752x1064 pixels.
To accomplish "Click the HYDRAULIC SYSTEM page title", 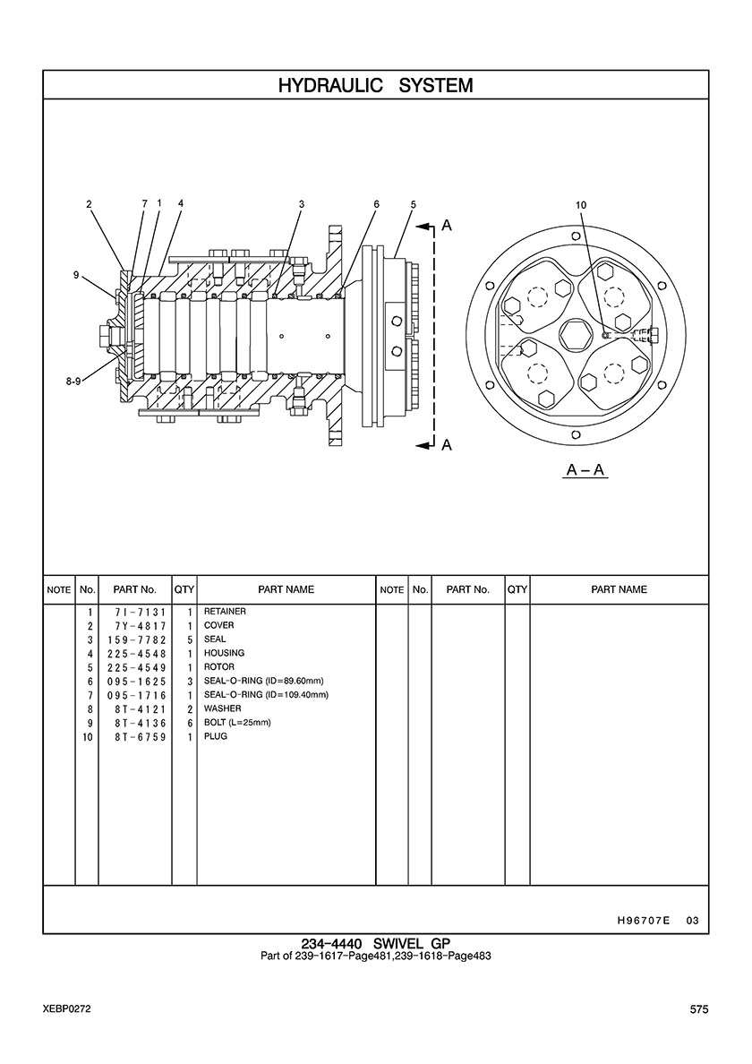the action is pos(376,85).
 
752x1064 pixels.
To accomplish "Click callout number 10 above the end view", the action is pos(580,205).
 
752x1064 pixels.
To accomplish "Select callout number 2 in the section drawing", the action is pos(89,203).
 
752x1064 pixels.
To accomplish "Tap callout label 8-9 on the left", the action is pos(73,382).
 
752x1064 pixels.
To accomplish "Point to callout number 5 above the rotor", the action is pos(413,203).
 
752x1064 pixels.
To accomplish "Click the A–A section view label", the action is pos(585,469).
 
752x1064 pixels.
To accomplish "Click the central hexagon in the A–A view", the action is pos(575,335).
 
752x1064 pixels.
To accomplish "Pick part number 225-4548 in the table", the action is pos(136,654).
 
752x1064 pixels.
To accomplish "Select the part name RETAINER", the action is pos(225,612).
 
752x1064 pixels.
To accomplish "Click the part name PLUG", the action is pos(216,736).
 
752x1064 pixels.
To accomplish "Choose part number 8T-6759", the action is pos(141,737).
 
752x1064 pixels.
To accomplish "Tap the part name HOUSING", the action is pos(225,653).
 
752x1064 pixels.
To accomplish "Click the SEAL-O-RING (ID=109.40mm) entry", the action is pos(267,695).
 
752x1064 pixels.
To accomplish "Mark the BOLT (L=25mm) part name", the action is pos(237,723).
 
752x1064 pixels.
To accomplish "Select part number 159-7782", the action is pos(136,639).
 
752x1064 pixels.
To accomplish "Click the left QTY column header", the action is pos(184,589).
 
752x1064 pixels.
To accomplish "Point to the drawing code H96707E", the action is pos(644,921).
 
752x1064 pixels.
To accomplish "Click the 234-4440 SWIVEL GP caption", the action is pos(376,943).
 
